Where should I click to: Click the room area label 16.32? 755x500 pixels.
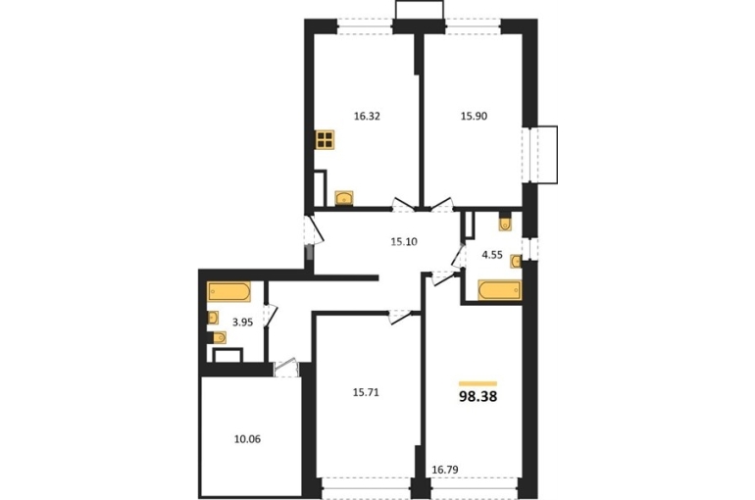coord(367,116)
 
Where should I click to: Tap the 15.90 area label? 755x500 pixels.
coord(475,116)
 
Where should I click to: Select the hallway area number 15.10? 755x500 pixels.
coord(404,241)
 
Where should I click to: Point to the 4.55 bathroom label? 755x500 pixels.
coord(492,255)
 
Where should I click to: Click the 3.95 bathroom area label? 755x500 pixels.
coord(243,323)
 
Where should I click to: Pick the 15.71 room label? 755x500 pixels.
coord(366,393)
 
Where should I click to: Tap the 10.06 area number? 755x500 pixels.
coord(247,439)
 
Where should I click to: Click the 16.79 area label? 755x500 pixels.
coord(445,470)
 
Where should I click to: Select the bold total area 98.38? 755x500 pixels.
coord(478,396)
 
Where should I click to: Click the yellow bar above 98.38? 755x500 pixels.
coord(478,383)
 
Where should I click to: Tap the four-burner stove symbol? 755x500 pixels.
coord(325,139)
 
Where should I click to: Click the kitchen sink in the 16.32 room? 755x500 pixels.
coord(344,198)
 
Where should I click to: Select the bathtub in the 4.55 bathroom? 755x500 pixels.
coord(500,290)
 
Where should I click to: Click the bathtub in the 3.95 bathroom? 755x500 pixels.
coord(228,291)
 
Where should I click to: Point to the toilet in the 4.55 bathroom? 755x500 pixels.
coord(505,223)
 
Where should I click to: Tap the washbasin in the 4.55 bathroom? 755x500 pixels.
coord(516,262)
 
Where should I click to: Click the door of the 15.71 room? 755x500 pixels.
coord(400,317)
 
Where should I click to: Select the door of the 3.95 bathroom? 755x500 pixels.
coord(271,316)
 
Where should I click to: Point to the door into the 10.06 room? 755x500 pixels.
coord(285,368)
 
